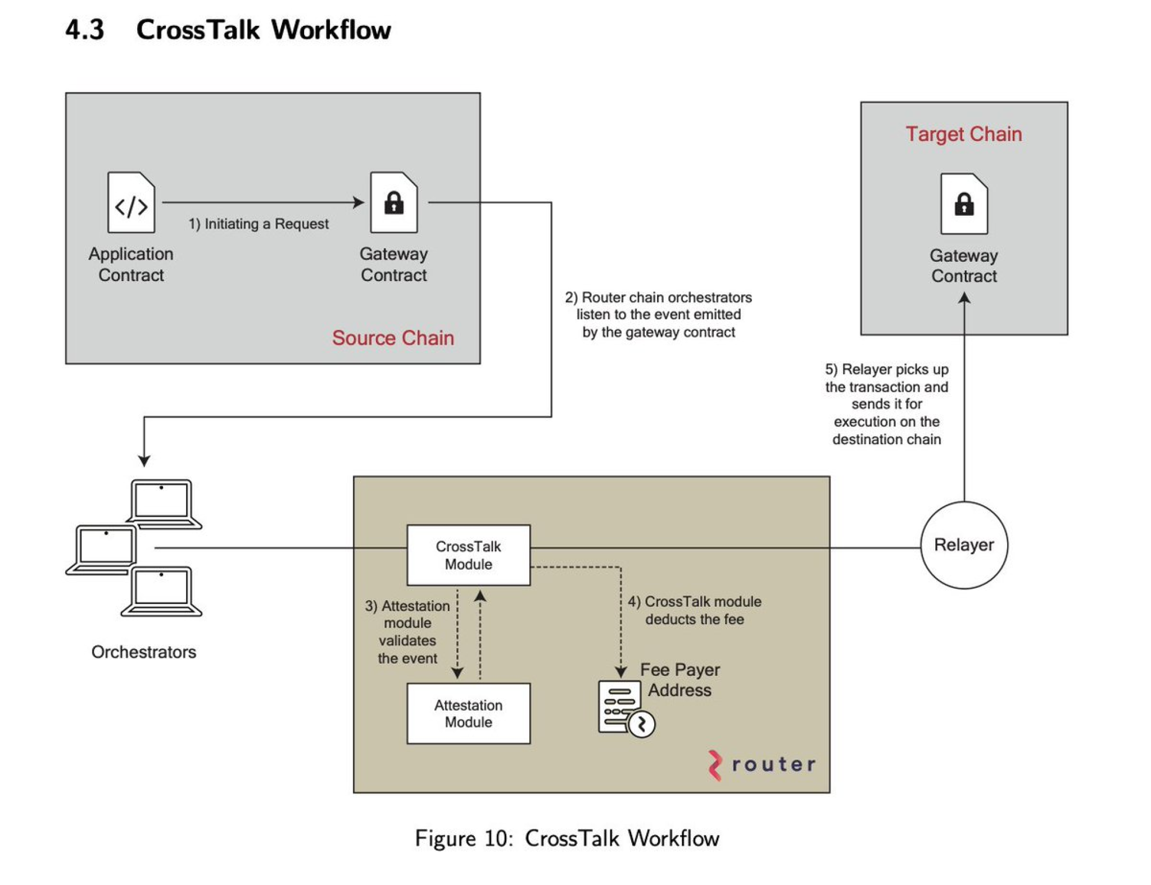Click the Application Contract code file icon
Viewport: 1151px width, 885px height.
point(131,203)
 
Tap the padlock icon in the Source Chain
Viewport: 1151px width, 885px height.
point(393,203)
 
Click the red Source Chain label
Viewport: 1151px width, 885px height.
point(392,338)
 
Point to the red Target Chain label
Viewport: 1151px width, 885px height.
point(963,134)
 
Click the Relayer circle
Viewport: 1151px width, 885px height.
point(963,544)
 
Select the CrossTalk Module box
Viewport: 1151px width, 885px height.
point(468,555)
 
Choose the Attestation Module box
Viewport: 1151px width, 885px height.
point(468,713)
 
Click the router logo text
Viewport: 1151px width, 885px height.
point(772,764)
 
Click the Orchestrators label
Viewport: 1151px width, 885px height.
point(143,652)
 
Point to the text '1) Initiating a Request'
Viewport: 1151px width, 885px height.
point(258,224)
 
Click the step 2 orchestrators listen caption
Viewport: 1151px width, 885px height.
point(658,315)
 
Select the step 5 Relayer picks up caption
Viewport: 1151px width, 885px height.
point(886,404)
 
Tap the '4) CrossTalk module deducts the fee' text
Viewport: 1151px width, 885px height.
point(694,610)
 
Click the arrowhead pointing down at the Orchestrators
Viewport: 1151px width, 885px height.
point(144,461)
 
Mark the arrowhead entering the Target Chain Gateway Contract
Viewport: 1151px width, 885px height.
point(964,298)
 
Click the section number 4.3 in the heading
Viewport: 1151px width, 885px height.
point(84,29)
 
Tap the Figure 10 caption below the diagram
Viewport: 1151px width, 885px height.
point(567,838)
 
